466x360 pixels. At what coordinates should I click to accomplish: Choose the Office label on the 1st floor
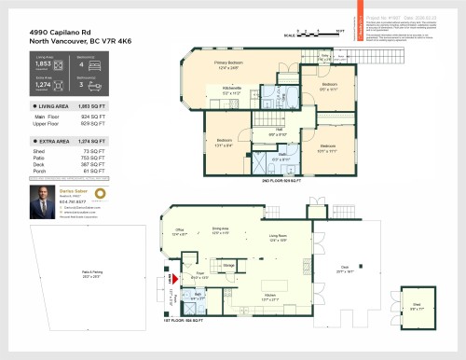point(181,232)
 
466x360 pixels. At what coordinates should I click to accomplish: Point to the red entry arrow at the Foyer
point(171,278)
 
